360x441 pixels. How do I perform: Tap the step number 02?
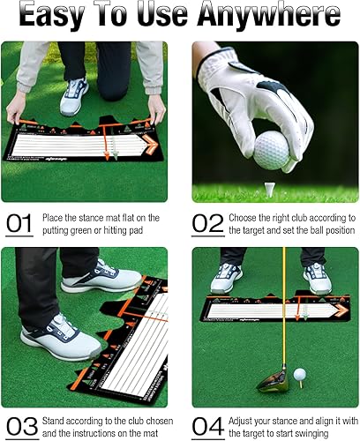pyautogui.click(x=208, y=224)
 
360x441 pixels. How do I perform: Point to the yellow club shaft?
pyautogui.click(x=284, y=309)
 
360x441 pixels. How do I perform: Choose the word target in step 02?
pyautogui.click(x=251, y=231)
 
